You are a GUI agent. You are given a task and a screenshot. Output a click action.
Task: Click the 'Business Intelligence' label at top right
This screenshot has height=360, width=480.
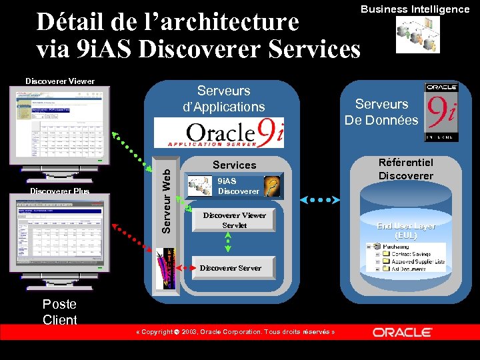(415, 9)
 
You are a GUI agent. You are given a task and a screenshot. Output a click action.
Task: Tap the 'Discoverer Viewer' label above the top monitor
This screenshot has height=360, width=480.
(60, 81)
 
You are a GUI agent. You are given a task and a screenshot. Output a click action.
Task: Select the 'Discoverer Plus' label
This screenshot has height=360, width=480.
(59, 191)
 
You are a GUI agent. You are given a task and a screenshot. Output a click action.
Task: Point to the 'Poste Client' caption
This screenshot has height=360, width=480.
(59, 311)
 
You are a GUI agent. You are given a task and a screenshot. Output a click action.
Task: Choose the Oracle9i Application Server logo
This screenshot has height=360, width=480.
(229, 133)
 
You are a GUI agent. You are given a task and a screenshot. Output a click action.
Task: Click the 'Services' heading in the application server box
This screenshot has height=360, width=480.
(234, 165)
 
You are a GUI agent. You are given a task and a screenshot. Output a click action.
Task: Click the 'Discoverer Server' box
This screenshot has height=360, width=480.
(231, 267)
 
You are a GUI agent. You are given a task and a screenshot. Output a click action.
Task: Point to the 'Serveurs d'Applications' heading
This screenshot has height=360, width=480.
(224, 99)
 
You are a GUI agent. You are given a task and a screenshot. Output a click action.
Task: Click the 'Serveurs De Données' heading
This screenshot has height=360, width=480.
(381, 112)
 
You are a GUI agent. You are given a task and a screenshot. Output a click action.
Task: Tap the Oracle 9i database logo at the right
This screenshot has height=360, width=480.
(441, 112)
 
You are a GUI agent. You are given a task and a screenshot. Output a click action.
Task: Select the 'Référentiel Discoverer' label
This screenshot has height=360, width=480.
(405, 169)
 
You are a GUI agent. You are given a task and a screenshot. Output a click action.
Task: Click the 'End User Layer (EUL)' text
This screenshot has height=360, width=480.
(405, 231)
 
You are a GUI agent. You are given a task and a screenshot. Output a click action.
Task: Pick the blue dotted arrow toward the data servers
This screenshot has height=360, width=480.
(320, 199)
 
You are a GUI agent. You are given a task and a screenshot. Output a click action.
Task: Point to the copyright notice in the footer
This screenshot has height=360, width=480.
(235, 332)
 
